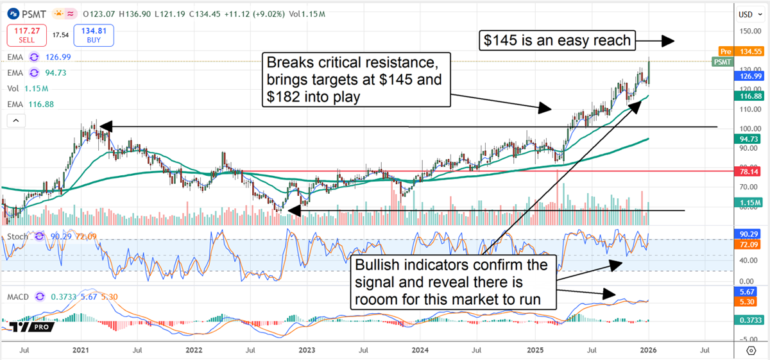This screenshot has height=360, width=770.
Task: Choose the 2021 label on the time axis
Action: point(80,350)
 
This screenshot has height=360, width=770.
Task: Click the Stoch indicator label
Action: point(18,237)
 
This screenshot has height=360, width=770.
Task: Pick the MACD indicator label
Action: point(18,296)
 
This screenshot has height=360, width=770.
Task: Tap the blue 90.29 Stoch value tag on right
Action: point(749,235)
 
